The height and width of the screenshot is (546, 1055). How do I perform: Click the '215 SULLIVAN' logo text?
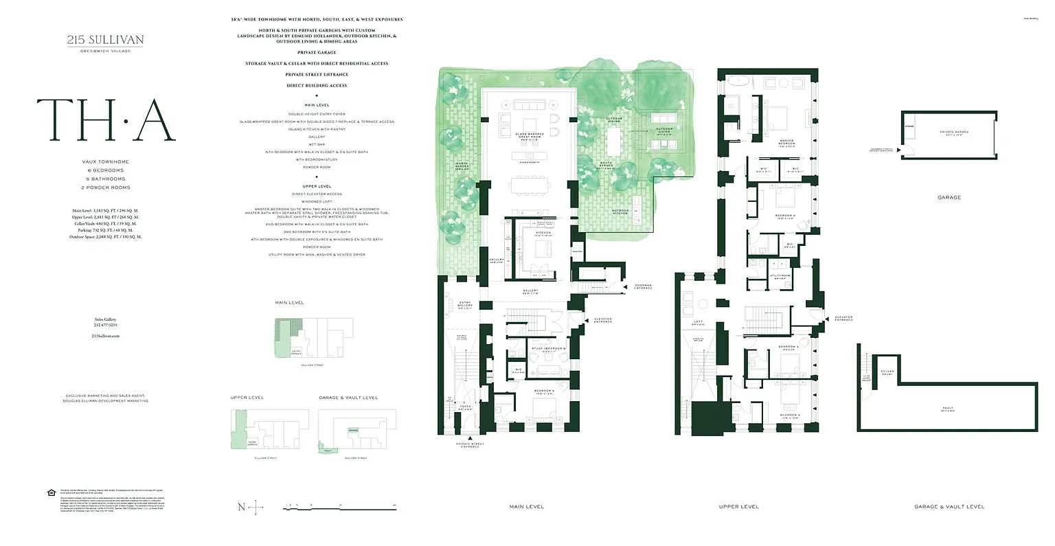click(105, 40)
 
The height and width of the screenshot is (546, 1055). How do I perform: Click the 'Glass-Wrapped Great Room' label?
click(530, 136)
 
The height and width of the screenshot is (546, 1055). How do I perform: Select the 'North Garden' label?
click(462, 167)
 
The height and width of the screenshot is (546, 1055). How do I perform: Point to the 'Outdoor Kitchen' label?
click(620, 211)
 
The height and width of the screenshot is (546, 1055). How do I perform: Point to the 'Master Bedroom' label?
click(786, 144)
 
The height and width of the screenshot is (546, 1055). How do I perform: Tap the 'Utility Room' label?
click(780, 276)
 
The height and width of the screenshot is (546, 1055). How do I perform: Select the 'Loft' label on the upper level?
click(698, 322)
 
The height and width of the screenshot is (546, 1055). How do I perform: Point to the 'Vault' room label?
click(948, 409)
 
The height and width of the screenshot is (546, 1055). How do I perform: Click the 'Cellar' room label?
click(887, 373)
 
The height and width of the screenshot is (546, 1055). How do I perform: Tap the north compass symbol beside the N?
click(256, 508)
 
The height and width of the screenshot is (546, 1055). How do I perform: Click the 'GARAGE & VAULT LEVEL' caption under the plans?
click(949, 507)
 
